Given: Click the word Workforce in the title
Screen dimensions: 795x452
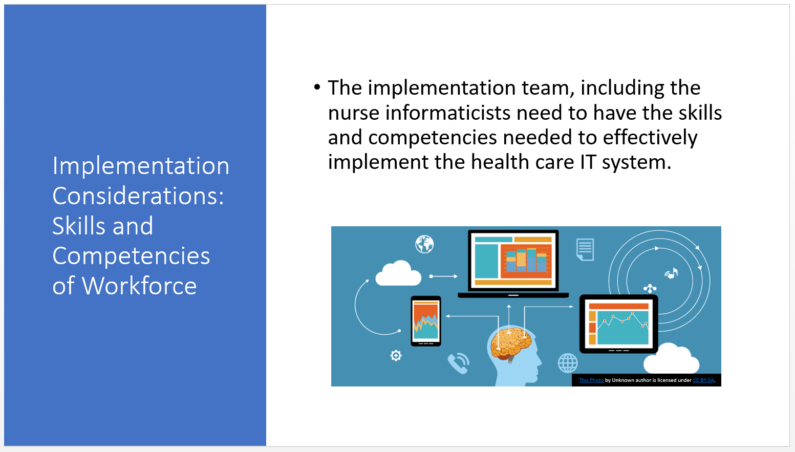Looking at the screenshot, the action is click(139, 286).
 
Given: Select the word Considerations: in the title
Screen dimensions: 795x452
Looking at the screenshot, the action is click(138, 196).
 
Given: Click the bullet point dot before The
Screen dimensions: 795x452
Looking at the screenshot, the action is click(317, 87).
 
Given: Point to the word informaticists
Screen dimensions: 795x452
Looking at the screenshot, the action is click(448, 113).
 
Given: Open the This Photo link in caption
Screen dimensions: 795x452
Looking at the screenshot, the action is click(591, 380).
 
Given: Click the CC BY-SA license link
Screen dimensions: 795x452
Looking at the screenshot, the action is click(703, 380).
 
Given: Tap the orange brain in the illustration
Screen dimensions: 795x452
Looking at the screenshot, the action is click(511, 342).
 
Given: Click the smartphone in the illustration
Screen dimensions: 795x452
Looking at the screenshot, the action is click(426, 321).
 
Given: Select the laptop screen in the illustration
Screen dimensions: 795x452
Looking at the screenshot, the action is click(513, 261).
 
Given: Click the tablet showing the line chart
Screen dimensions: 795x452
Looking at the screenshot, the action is click(618, 324).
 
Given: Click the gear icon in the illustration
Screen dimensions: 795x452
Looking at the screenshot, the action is click(396, 355).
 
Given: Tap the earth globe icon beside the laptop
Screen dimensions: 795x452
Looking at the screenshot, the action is click(424, 244).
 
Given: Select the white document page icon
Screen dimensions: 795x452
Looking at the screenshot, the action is click(585, 249).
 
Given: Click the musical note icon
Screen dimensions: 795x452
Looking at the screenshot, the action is click(672, 273).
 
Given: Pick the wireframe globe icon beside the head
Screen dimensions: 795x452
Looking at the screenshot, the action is click(568, 363).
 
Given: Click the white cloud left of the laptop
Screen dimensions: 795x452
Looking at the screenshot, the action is click(398, 273).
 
